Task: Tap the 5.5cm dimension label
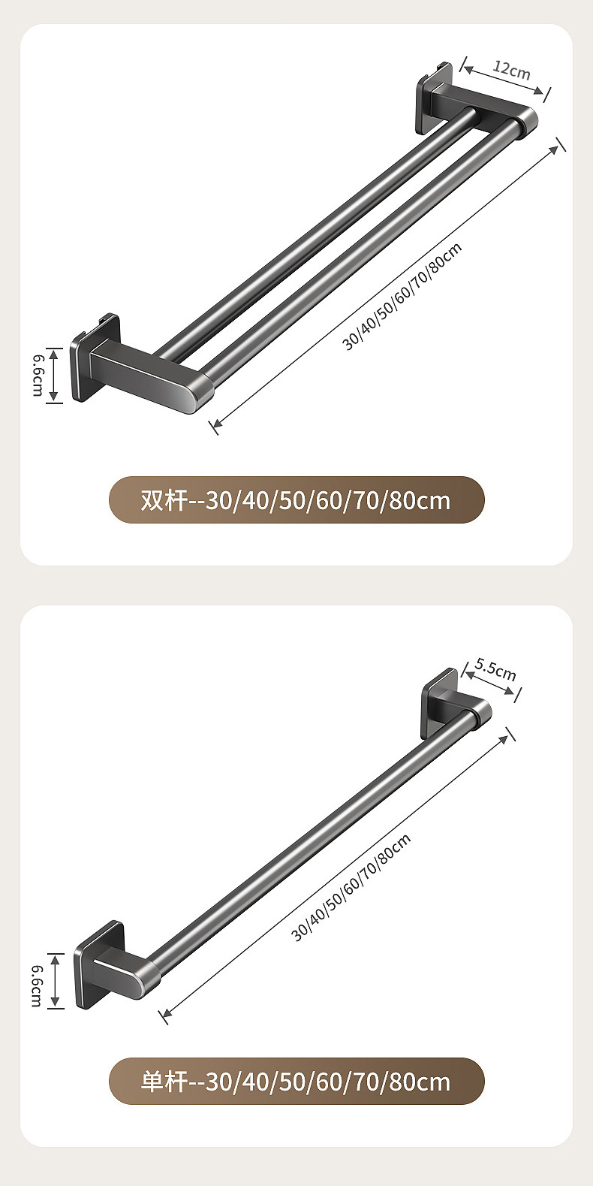[495, 668]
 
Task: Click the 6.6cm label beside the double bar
[38, 376]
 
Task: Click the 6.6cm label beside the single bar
[36, 980]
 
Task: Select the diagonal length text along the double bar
[402, 297]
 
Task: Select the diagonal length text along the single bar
[351, 888]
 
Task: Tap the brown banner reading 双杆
[296, 500]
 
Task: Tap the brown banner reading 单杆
[296, 1082]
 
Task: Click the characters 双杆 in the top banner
[163, 500]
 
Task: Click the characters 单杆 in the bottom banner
[163, 1082]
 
